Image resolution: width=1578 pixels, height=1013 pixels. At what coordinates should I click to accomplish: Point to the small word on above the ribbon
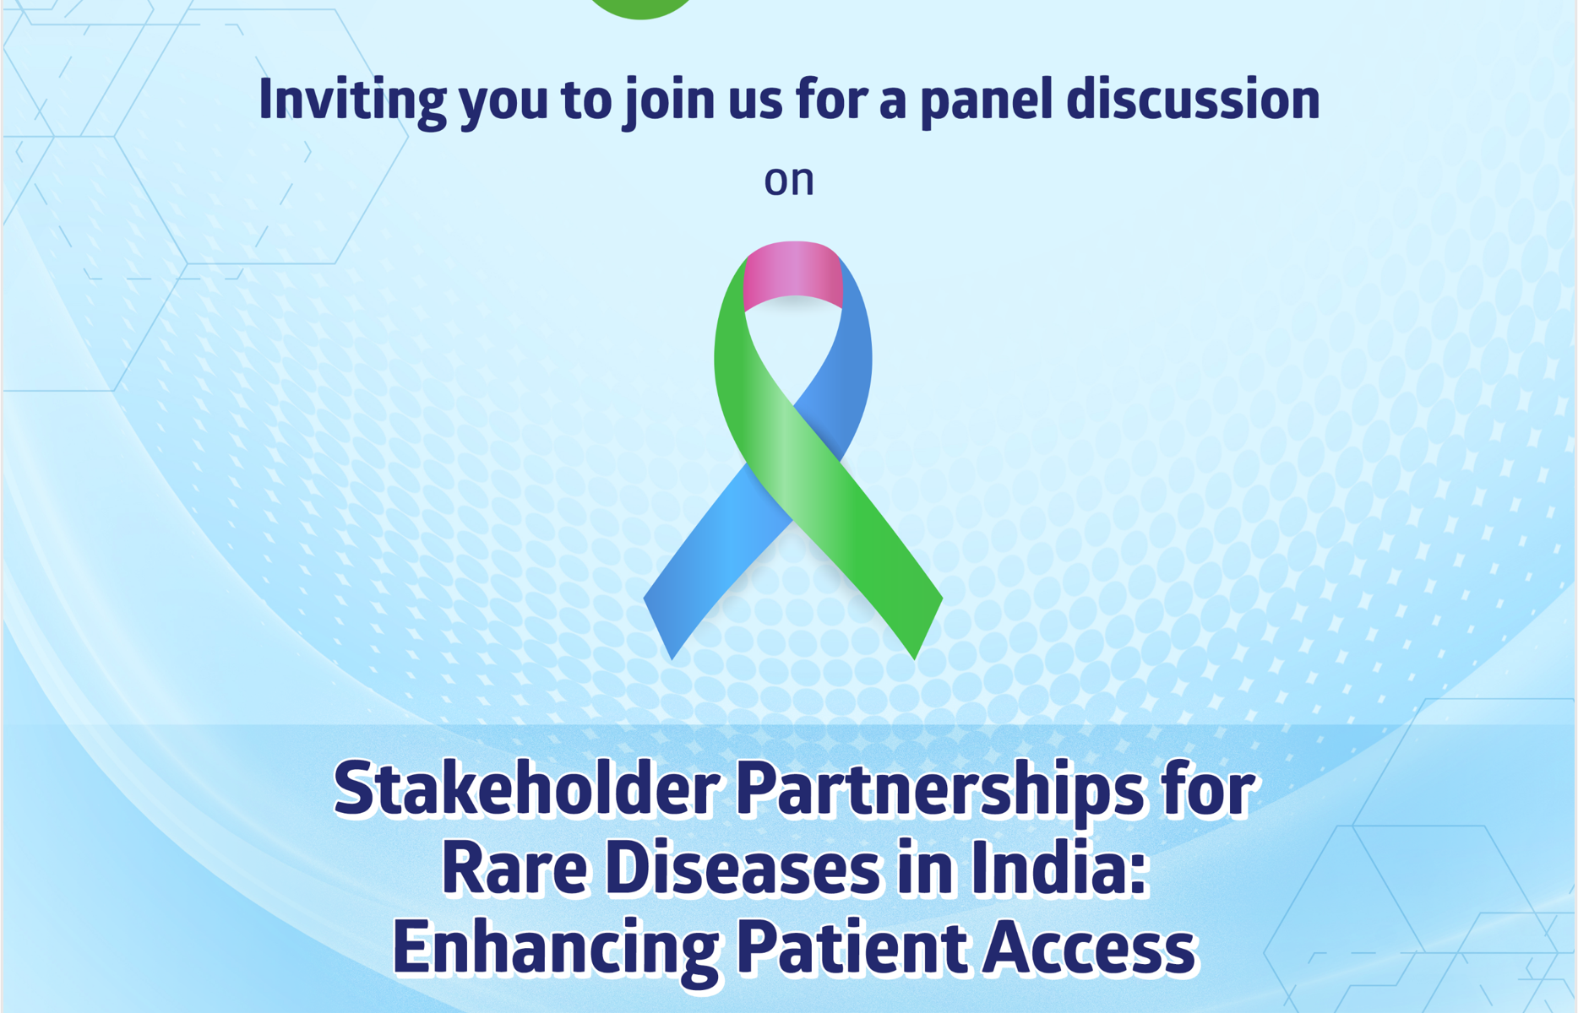[789, 181]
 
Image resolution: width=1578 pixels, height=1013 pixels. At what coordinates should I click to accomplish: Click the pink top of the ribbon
[792, 274]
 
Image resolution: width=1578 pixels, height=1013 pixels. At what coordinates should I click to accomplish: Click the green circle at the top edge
[640, 8]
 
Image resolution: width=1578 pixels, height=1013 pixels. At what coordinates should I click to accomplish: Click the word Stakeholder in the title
[526, 789]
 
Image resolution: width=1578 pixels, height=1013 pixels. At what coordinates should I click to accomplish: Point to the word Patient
[852, 946]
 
